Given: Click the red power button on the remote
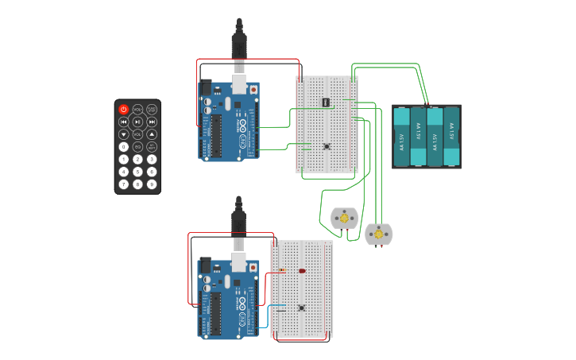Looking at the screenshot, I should [x=124, y=109].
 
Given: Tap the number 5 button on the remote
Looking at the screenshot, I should [x=137, y=172].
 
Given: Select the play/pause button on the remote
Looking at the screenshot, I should [x=137, y=122].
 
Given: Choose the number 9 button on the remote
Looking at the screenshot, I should [x=151, y=184].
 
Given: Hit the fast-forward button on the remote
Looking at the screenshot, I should [x=151, y=122].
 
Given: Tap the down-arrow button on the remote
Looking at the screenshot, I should [x=124, y=134].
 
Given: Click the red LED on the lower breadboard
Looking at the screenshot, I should [x=302, y=271].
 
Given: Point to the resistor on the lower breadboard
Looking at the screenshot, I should [x=282, y=270].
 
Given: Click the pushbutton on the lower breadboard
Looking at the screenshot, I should [x=301, y=308].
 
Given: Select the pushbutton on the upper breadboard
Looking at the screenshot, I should [x=327, y=146].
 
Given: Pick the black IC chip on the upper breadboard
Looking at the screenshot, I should [x=326, y=102].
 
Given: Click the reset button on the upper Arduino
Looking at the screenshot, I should [x=253, y=90].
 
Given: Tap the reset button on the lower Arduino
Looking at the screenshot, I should [x=253, y=268].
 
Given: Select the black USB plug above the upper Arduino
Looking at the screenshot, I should [x=238, y=44].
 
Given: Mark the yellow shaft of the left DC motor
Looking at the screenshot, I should [x=344, y=219].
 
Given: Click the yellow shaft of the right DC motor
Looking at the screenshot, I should [x=379, y=234].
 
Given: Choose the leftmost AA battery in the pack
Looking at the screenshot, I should [x=401, y=137].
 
